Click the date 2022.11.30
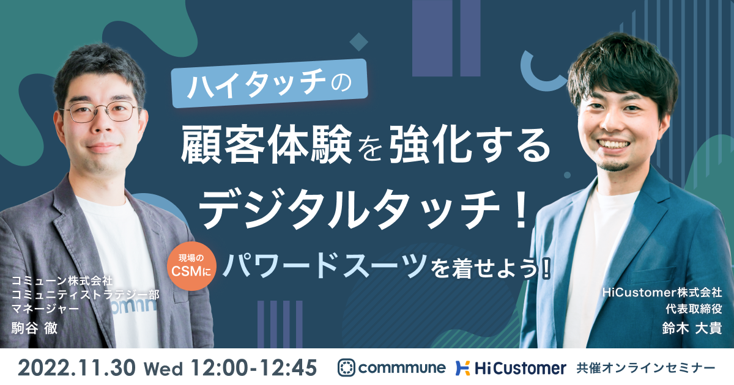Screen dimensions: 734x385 [76, 368]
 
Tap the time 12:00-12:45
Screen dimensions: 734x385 [254, 368]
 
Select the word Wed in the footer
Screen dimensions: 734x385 [163, 369]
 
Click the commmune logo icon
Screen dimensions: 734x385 [346, 368]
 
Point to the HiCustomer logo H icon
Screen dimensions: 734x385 [462, 368]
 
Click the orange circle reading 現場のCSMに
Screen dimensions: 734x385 [191, 266]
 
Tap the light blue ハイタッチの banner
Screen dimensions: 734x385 [270, 83]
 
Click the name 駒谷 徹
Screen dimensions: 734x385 [34, 328]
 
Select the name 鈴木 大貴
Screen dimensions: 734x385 [692, 328]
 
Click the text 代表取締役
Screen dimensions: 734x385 [694, 309]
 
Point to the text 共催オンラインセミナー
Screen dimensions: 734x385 [646, 369]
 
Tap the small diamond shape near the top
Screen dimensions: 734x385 [359, 42]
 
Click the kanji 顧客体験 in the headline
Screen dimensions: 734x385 [265, 144]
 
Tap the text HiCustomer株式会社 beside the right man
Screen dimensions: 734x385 [662, 292]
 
